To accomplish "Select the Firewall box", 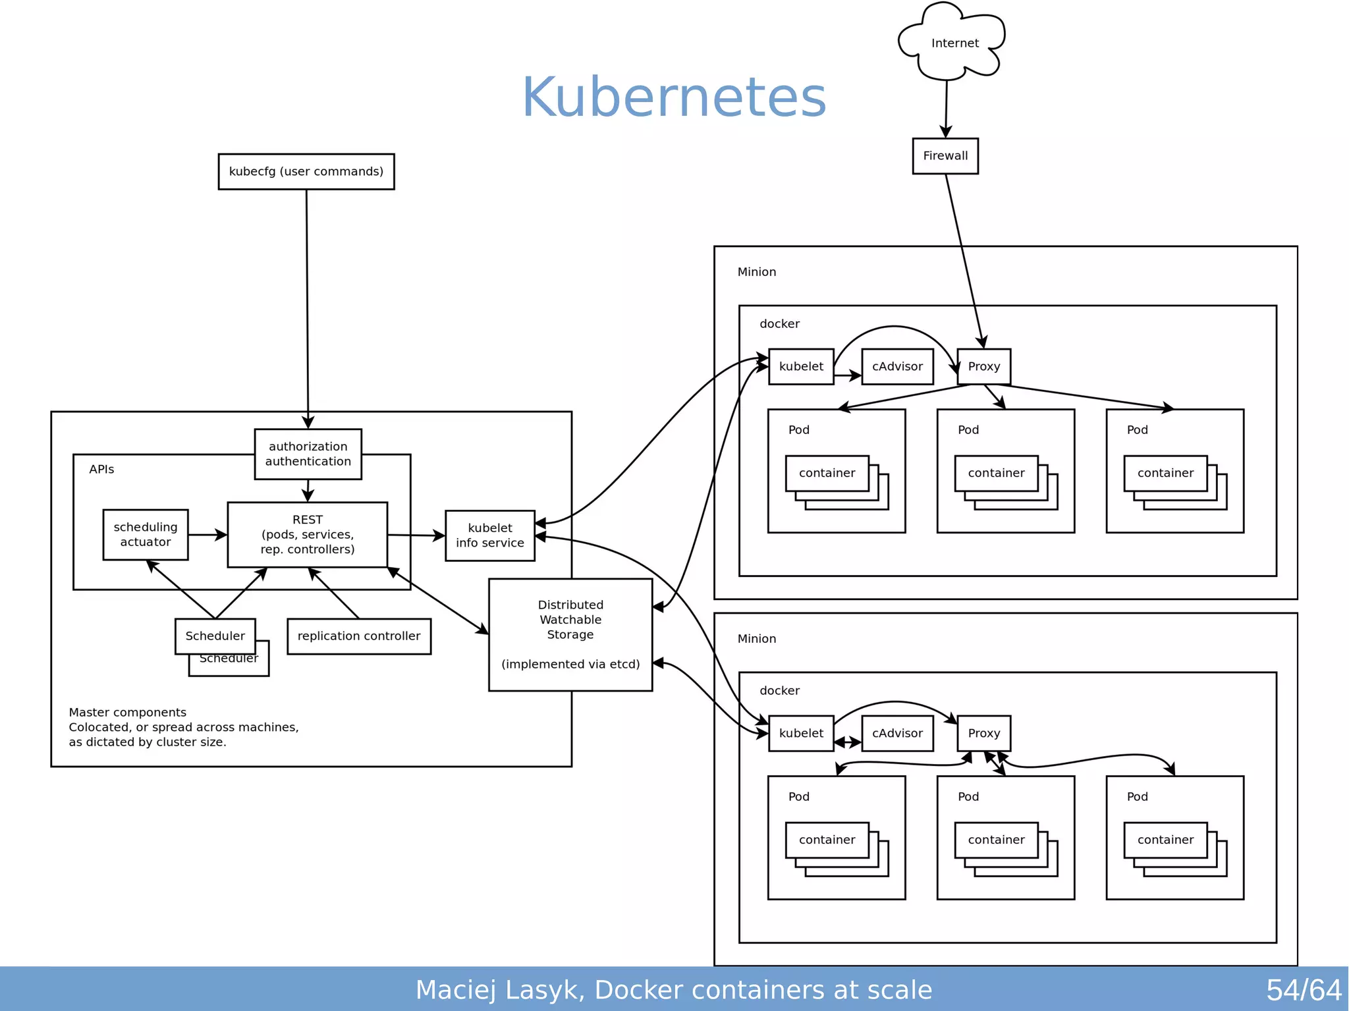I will [x=945, y=156].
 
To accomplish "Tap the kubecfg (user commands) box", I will [x=306, y=172].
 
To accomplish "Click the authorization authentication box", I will [x=308, y=454].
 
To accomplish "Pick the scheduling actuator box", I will [x=146, y=535].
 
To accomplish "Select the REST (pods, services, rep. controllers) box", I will [x=308, y=535].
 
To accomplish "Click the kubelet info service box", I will [x=489, y=535].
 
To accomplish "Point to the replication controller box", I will [x=359, y=636].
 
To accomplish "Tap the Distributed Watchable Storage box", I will [x=570, y=634].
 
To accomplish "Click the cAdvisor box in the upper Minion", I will [x=897, y=367].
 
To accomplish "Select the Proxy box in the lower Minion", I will [x=983, y=733].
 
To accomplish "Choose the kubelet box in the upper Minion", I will [x=801, y=367].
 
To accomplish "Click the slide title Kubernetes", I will [x=674, y=97].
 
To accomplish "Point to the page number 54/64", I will [x=1303, y=990].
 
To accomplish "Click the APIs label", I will [x=101, y=470].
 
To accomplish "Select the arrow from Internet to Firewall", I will [x=947, y=109].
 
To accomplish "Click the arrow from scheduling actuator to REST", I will [x=207, y=535].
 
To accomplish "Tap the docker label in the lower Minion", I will [x=779, y=691].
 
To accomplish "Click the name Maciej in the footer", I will [x=455, y=990].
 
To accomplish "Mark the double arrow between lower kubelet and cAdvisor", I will [x=848, y=743].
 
